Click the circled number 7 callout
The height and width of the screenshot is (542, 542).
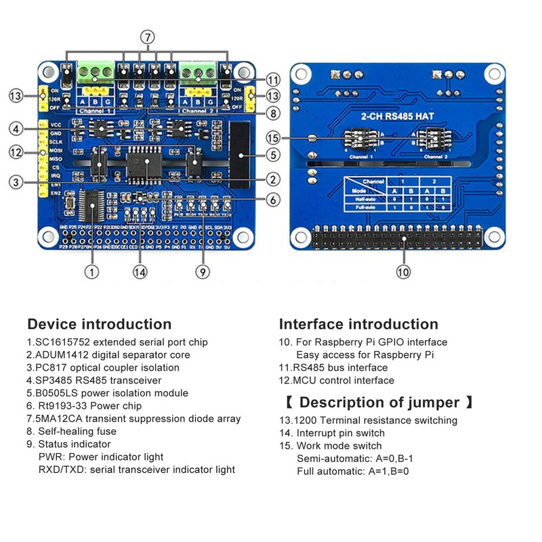point(148,37)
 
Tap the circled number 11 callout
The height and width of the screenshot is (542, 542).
point(273,79)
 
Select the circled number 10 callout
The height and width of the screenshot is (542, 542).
point(404,272)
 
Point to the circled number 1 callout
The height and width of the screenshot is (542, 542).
point(91,272)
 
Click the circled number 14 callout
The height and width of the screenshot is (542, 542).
point(140,272)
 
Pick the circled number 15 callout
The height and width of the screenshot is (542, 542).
point(273,138)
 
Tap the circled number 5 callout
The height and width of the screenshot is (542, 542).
point(273,155)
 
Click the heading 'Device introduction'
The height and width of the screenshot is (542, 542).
point(99,324)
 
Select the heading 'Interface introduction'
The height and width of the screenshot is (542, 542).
point(358,324)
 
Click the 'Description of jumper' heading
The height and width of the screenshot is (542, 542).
point(379,402)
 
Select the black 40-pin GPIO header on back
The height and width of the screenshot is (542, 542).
point(398,239)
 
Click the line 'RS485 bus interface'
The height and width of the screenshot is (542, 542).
point(333,368)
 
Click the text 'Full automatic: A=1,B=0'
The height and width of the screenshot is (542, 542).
point(352,471)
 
